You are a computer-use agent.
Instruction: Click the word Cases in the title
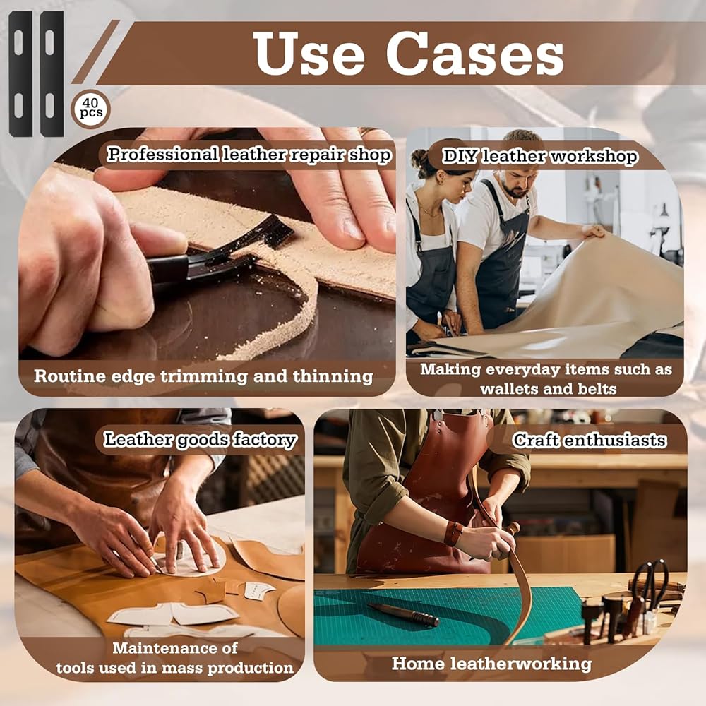pos(474,54)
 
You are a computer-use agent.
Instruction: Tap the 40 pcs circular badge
pos(91,109)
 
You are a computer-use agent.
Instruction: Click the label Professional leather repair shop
pos(249,155)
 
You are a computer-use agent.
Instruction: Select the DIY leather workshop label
pos(540,156)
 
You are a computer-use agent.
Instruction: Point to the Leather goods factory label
pos(200,440)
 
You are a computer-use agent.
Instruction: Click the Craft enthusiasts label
pos(589,440)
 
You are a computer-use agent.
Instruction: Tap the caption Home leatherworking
pos(491,664)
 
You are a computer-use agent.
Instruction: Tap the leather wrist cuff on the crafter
pos(453,533)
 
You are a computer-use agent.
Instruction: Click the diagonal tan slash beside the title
pos(95,52)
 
